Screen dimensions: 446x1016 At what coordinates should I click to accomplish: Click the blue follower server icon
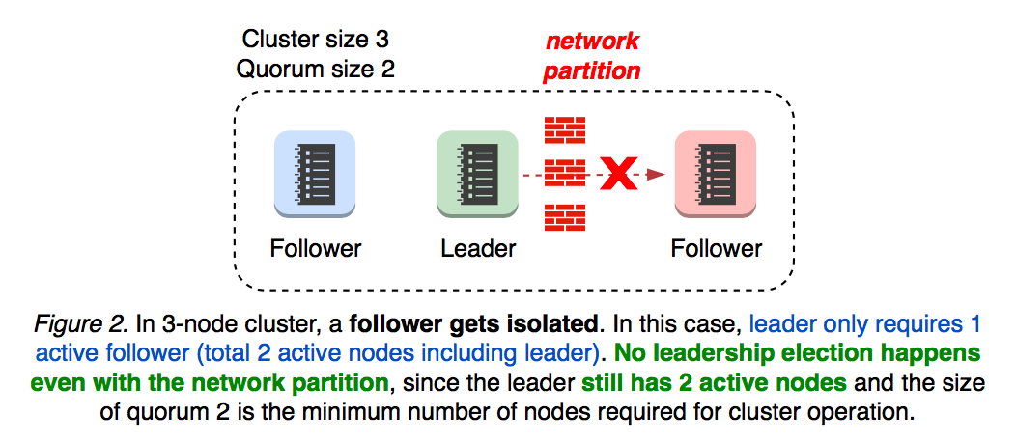click(315, 172)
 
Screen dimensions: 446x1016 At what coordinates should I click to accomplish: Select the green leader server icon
click(477, 172)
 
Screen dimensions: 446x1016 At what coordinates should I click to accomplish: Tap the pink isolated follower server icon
click(715, 172)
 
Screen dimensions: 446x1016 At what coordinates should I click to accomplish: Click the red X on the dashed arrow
click(619, 175)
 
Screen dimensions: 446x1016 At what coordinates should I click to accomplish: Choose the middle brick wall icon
click(565, 174)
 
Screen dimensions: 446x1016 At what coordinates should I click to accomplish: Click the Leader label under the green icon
click(478, 248)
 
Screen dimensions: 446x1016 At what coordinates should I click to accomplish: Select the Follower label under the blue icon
click(316, 248)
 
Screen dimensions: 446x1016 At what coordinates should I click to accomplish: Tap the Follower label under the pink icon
click(716, 248)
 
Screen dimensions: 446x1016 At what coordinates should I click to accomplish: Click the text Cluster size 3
click(316, 40)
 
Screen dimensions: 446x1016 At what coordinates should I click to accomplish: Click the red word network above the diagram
click(592, 41)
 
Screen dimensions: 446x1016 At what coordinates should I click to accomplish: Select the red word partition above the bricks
click(591, 70)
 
